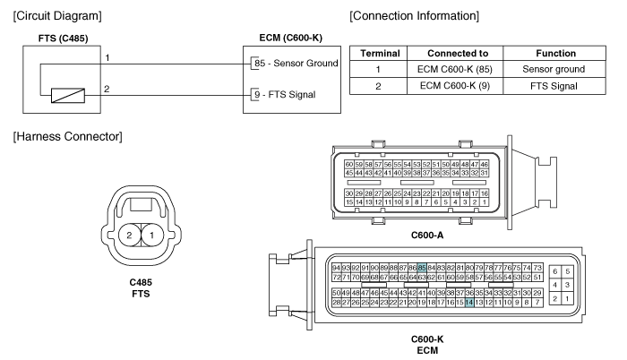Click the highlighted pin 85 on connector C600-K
pyautogui.click(x=422, y=268)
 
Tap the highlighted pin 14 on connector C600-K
pyautogui.click(x=469, y=303)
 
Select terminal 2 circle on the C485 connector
pyautogui.click(x=130, y=235)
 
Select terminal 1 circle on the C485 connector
pyautogui.click(x=152, y=235)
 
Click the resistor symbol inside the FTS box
pyautogui.click(x=68, y=96)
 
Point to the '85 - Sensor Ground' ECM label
pyautogui.click(x=296, y=64)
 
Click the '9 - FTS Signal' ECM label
pyautogui.click(x=285, y=95)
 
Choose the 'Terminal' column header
pyautogui.click(x=380, y=54)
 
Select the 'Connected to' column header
pyautogui.click(x=458, y=54)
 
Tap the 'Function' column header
pyautogui.click(x=556, y=54)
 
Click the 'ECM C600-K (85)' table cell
pyautogui.click(x=455, y=69)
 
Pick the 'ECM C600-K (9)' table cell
pyautogui.click(x=455, y=86)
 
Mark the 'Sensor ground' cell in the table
pyautogui.click(x=554, y=69)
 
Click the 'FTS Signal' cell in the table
pyautogui.click(x=554, y=86)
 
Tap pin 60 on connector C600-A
pyautogui.click(x=349, y=165)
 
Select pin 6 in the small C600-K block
pyautogui.click(x=555, y=271)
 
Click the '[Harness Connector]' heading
pyautogui.click(x=67, y=137)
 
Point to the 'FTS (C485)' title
pyautogui.click(x=64, y=39)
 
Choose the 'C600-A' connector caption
pyautogui.click(x=427, y=236)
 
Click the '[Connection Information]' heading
pyautogui.click(x=414, y=16)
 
